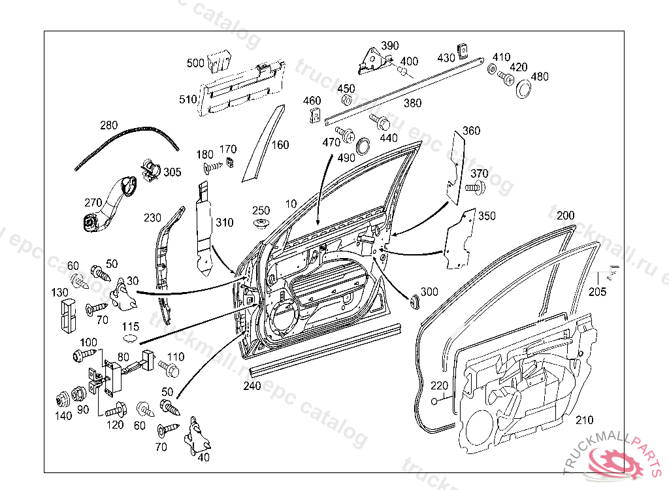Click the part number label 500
[196, 63]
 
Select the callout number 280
[109, 125]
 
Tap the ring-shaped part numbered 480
[523, 90]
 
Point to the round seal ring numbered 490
[363, 146]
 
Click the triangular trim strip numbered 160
[263, 143]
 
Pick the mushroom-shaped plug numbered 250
[260, 224]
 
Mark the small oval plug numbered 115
[131, 339]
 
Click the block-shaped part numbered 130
[67, 316]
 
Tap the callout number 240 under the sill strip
[252, 386]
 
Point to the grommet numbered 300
[414, 301]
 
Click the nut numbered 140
[63, 400]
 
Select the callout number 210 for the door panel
[584, 420]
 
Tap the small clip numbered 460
[315, 115]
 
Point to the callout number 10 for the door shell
[291, 204]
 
